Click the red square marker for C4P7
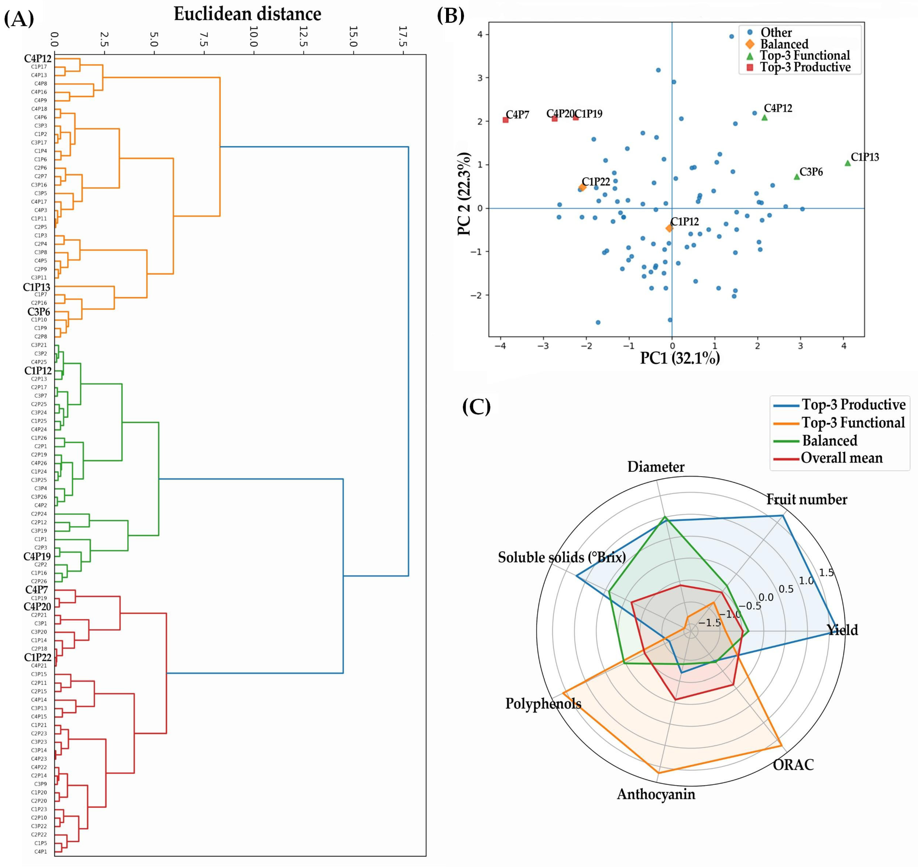tap(506, 120)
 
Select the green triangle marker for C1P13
tap(847, 163)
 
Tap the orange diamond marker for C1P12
tap(669, 228)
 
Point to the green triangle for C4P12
tap(764, 118)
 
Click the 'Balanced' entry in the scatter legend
tap(784, 44)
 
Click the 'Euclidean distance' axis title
tap(247, 14)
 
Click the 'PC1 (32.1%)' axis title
tap(680, 358)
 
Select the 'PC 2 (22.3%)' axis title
tap(464, 194)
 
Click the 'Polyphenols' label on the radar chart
tap(543, 704)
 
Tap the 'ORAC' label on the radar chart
tap(793, 765)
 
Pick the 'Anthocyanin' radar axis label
tap(656, 794)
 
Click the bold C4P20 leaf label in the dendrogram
tap(37, 606)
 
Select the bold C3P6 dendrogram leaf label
tap(38, 312)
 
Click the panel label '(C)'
tap(476, 406)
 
